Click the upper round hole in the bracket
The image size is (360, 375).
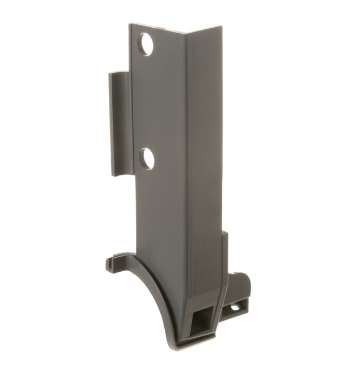(x=146, y=44)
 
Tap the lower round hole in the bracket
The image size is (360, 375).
(x=147, y=158)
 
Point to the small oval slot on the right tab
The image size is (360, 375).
(x=234, y=308)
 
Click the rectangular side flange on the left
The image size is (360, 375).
(x=119, y=124)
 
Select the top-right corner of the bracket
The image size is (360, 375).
(x=221, y=27)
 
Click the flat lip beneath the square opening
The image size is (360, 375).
(x=195, y=340)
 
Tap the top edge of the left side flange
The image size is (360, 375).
(x=119, y=73)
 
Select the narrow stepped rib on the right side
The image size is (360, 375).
(x=225, y=254)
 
